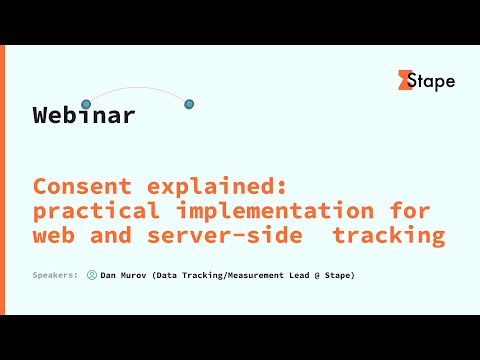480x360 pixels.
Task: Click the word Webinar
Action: coord(84,115)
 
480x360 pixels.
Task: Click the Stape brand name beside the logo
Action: coord(435,81)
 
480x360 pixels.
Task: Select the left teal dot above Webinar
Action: coord(86,103)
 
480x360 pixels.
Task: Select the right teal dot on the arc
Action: coord(189,104)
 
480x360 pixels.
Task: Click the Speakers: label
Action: coord(56,275)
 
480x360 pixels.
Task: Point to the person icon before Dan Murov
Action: coord(92,275)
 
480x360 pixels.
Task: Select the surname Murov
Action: coord(135,275)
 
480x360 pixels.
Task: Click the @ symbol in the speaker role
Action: coord(315,275)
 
